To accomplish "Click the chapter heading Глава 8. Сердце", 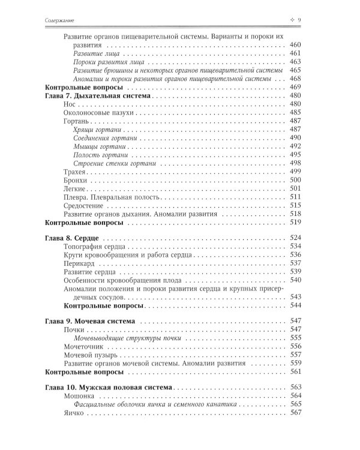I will (x=71, y=238).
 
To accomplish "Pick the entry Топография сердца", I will (x=94, y=247).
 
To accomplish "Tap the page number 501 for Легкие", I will (x=311, y=188).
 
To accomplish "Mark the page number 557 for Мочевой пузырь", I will (x=311, y=355).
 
